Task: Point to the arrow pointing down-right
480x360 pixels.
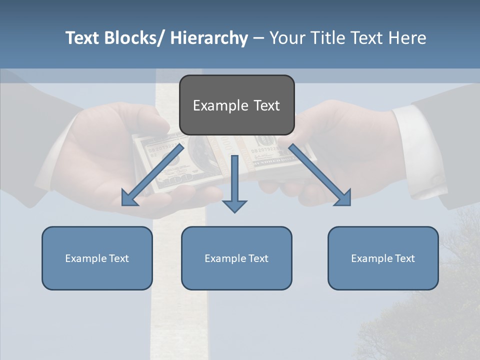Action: [320, 175]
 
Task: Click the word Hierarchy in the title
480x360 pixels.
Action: [209, 38]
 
